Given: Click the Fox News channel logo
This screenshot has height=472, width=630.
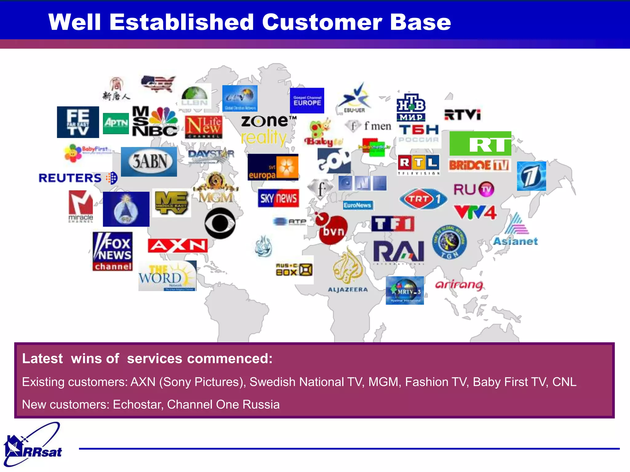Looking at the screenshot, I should point(113,251).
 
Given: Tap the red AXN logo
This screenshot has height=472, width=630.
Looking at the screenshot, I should point(177,246).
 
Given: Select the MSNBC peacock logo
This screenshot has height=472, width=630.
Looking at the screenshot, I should point(155,121).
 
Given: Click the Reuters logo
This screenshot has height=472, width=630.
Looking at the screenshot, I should point(78,178).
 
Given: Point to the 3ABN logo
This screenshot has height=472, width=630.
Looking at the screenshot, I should point(149,162).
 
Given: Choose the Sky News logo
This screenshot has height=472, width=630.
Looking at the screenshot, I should point(278,198).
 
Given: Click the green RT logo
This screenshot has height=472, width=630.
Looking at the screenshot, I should point(480,144).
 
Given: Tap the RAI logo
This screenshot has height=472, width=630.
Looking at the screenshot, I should point(399,252).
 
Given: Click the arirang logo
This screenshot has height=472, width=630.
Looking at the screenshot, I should point(459,285).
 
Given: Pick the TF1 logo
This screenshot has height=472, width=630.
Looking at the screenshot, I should point(393,224).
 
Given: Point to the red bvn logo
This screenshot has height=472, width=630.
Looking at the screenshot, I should point(332,229).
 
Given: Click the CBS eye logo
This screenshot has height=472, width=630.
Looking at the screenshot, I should point(220,223).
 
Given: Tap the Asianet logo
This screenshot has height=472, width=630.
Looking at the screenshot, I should point(516,230).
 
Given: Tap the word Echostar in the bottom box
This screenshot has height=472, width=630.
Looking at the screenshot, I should point(137,404).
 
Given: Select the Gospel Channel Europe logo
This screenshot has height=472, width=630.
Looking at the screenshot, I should point(307,100).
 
